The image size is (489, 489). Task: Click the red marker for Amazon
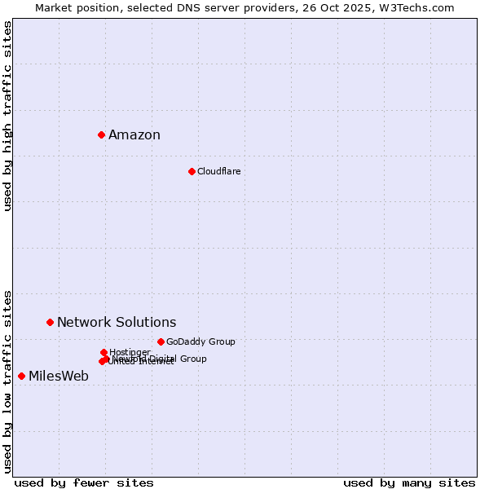click(101, 134)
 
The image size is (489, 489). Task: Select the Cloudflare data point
click(192, 171)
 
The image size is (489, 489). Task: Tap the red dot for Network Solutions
click(50, 322)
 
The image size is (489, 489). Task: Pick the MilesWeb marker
click(21, 376)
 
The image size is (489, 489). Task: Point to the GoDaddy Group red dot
click(161, 341)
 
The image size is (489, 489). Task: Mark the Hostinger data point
click(104, 352)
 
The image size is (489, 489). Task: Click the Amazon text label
click(134, 135)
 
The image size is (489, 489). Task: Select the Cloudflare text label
click(218, 171)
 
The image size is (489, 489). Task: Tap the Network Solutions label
click(117, 323)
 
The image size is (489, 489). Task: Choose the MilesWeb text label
click(59, 377)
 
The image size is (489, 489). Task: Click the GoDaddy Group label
click(200, 342)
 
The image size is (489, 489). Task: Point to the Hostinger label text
click(130, 352)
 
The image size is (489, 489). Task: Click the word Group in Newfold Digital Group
click(193, 359)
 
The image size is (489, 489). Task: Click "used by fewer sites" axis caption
click(84, 482)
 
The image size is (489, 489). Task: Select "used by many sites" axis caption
click(409, 482)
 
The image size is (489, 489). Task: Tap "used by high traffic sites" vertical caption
click(8, 116)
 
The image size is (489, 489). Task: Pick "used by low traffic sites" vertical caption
click(8, 381)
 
